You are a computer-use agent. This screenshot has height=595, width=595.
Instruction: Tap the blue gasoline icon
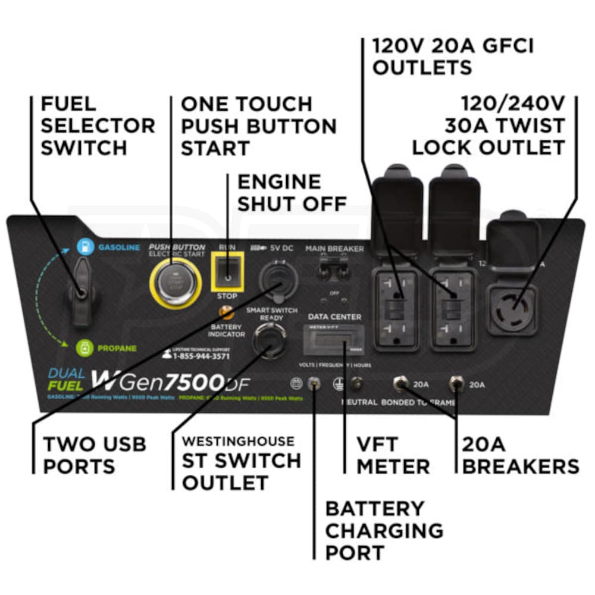(85, 246)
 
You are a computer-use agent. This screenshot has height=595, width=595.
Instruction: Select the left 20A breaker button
(399, 384)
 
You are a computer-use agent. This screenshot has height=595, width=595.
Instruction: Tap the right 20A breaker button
(457, 384)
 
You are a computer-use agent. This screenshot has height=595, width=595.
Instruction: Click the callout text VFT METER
(393, 455)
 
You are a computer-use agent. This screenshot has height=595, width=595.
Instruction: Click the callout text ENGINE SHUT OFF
(292, 192)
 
